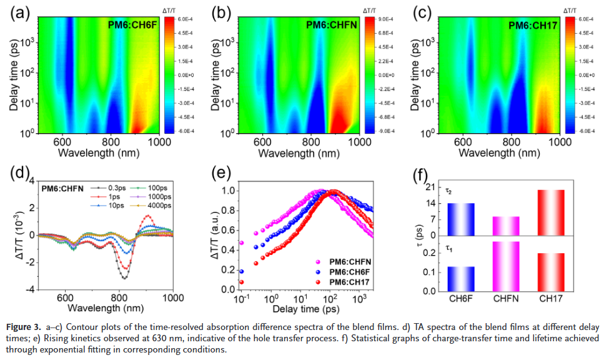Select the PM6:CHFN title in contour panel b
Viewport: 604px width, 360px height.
330,25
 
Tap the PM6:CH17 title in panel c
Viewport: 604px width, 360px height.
532,25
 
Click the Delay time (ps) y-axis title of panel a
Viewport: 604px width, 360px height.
14,74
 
